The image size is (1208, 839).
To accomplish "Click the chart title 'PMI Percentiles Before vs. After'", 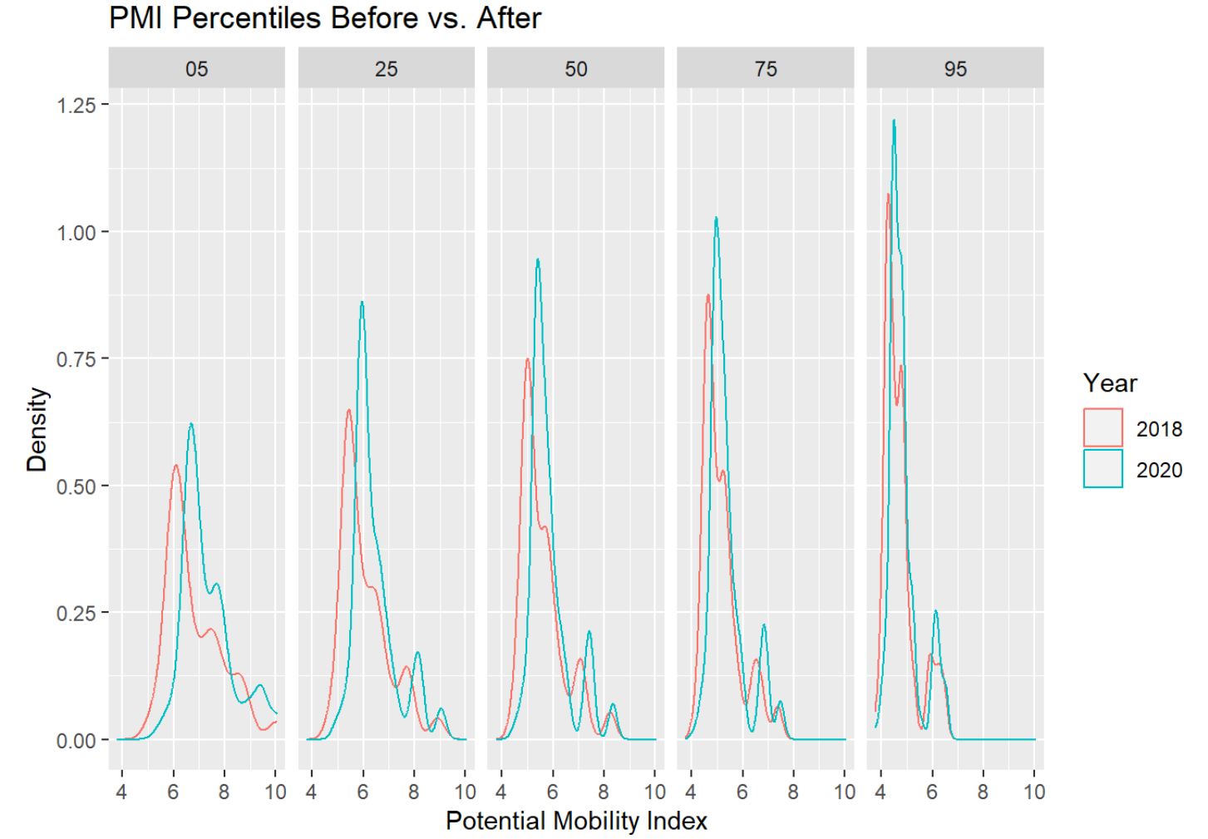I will tap(325, 17).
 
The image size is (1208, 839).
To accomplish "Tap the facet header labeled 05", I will tap(196, 69).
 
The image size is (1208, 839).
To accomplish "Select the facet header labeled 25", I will tap(386, 69).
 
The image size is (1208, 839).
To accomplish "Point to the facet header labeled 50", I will tap(575, 69).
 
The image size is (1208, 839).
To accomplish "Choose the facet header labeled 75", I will tap(765, 69).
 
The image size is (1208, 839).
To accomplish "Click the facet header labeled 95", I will tap(954, 69).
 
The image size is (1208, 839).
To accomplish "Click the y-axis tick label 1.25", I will tap(76, 106).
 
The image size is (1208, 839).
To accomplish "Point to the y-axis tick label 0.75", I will tap(76, 359).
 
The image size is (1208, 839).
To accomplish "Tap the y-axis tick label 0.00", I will tap(76, 740).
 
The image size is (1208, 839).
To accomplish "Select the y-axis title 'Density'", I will tap(37, 429).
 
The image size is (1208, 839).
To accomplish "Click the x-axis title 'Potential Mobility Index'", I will tap(576, 821).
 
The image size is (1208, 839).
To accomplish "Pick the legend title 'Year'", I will tap(1109, 383).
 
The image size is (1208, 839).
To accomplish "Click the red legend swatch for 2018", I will tap(1102, 428).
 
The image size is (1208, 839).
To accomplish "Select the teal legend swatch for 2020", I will tap(1102, 469).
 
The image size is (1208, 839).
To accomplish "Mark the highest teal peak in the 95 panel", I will tap(894, 121).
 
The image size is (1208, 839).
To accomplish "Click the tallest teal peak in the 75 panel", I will tap(716, 219).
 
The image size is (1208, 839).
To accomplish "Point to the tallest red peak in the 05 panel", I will tap(175, 466).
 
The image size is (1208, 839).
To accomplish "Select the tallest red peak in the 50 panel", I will tap(528, 359).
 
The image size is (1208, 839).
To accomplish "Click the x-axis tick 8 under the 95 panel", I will tap(983, 792).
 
